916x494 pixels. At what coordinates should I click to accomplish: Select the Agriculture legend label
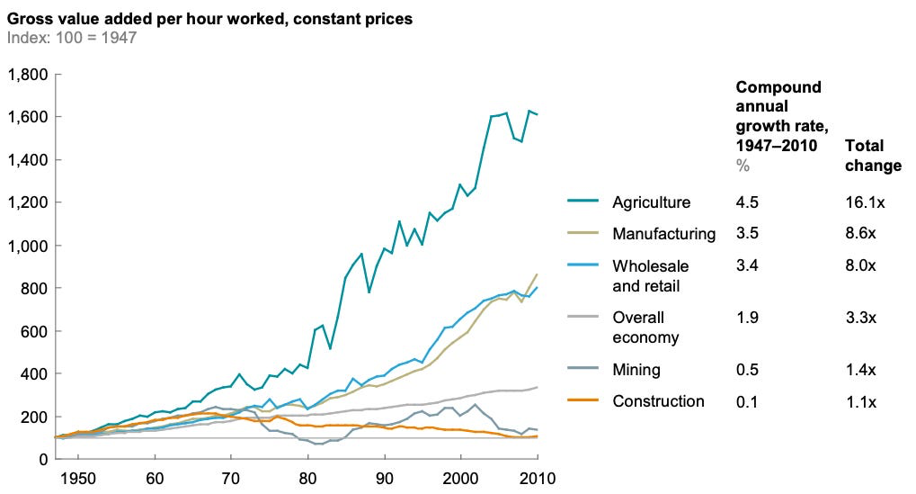tap(650, 202)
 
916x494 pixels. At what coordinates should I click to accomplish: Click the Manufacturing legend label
tap(663, 234)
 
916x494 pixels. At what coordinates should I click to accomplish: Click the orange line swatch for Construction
tap(583, 401)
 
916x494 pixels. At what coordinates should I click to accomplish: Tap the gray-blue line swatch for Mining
tap(583, 369)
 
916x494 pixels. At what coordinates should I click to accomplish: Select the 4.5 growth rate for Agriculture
tap(746, 202)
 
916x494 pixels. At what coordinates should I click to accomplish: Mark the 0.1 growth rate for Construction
tap(746, 401)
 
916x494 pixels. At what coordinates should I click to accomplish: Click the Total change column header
tap(872, 156)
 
